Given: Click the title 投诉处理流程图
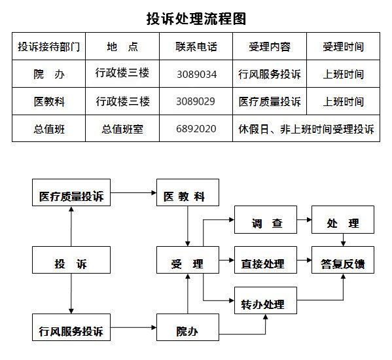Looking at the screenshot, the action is [x=196, y=19].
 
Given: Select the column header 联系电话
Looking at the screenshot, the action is [x=196, y=46].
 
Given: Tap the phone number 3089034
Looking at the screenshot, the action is [x=197, y=74].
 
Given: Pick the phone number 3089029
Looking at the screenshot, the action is [x=196, y=101].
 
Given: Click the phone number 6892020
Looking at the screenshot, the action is [x=196, y=129].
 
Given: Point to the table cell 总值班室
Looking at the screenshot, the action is [x=122, y=129].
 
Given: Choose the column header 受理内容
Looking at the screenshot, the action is [x=270, y=46].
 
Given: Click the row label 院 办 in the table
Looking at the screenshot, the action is [x=49, y=74].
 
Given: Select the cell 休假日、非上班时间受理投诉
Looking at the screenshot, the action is [x=306, y=129].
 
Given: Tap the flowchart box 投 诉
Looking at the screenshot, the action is [x=71, y=260].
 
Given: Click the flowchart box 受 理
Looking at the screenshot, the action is [x=188, y=260].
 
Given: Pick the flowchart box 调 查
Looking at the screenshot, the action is [x=266, y=219].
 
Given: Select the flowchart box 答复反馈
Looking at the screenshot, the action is [x=343, y=260].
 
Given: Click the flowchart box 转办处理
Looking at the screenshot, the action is [x=266, y=300].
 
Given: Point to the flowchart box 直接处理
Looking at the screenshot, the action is [x=266, y=260].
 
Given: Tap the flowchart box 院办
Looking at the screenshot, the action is [x=188, y=327].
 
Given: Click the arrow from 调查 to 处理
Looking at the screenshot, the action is [x=304, y=220].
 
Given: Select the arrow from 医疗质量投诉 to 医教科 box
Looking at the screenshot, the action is [x=134, y=192].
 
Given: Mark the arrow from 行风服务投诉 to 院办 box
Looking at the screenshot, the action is [x=134, y=327].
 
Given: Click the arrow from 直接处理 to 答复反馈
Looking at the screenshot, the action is [x=304, y=260].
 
